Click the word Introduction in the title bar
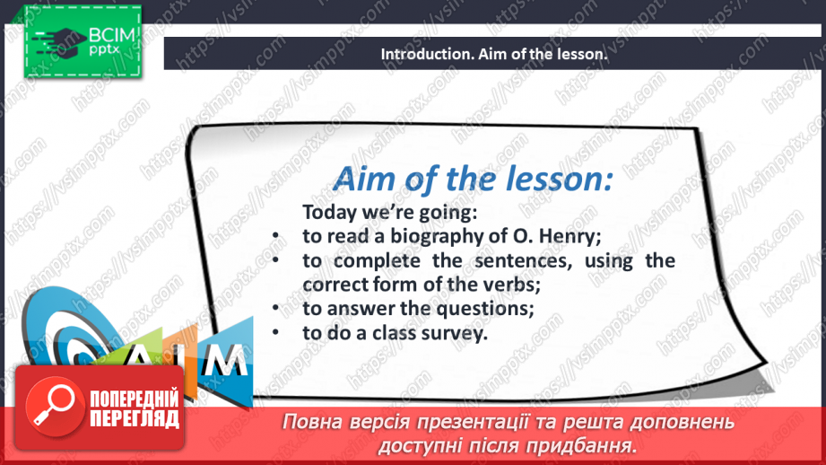pos(422,54)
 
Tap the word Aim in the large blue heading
pos(363,180)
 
